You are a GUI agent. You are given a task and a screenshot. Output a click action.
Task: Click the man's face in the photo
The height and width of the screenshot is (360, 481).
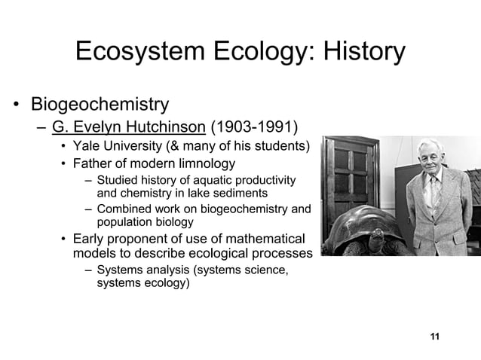click(432, 160)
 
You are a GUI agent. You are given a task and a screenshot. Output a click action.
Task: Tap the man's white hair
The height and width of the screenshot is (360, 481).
click(432, 143)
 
